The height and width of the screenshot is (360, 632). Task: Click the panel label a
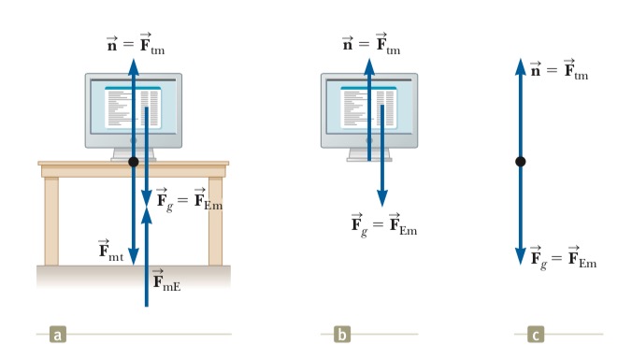click(x=58, y=334)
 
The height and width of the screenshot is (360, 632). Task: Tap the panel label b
click(x=342, y=334)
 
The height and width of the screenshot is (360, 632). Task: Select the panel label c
click(x=536, y=334)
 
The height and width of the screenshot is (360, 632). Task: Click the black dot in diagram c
click(x=521, y=162)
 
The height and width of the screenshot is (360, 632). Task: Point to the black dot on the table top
click(x=134, y=162)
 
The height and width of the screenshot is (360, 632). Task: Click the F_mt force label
click(x=111, y=251)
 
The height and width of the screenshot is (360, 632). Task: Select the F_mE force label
click(x=166, y=280)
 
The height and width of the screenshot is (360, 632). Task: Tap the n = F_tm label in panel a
click(x=136, y=44)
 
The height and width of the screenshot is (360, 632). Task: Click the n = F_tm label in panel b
click(x=371, y=44)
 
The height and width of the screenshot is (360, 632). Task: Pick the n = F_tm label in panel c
click(x=559, y=69)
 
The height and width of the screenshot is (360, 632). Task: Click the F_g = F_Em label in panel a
click(x=190, y=200)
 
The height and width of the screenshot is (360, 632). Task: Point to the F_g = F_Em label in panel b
click(x=384, y=225)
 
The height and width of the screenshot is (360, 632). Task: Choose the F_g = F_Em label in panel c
click(x=564, y=258)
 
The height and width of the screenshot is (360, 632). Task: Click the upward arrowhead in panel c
click(x=521, y=67)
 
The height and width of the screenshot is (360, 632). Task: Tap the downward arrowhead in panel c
click(x=521, y=257)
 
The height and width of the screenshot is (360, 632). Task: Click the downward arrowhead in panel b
click(x=382, y=198)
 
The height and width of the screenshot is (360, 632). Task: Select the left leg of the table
click(x=51, y=222)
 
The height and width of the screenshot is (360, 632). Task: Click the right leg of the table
click(x=216, y=222)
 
